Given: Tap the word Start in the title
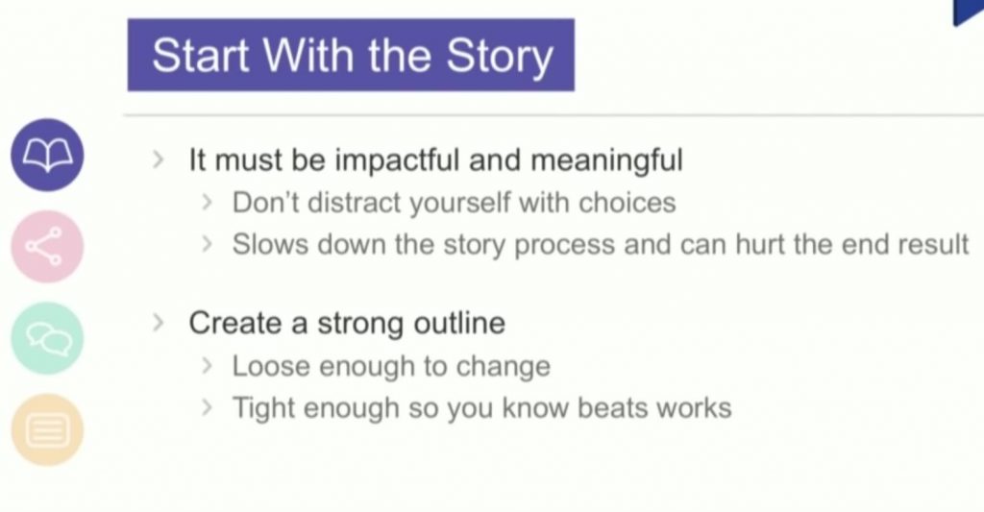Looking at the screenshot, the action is pos(201,55).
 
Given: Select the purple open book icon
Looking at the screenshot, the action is pos(47,155).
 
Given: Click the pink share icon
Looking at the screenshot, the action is pos(47,247).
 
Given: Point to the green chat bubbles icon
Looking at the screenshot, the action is pos(47,338).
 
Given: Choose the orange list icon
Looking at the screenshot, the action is pos(47,430).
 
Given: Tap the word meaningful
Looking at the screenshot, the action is pos(607,160).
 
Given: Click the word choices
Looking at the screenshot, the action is pos(627,203).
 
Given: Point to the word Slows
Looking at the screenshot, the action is pos(270,244).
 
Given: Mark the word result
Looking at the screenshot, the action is pos(933,244).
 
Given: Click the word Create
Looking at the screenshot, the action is pos(235,323).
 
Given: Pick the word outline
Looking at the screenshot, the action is pos(459,323).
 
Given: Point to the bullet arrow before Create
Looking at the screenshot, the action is pos(159,323).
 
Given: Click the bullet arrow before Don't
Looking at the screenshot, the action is pos(208,203).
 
